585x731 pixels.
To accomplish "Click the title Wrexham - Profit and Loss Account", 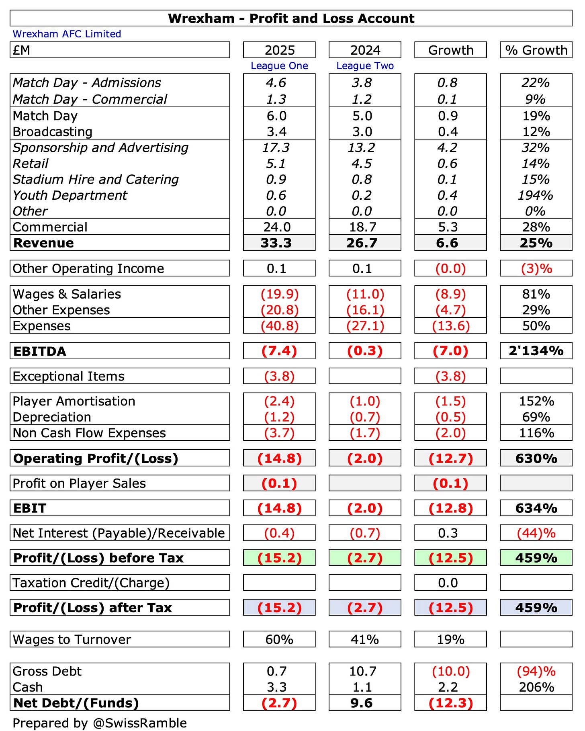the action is click(x=291, y=18).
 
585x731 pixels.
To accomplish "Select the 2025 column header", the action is click(x=279, y=50).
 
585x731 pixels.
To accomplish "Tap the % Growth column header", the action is click(x=536, y=50).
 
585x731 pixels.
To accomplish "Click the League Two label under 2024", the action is click(x=365, y=66).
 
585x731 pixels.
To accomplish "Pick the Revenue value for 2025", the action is click(x=276, y=243).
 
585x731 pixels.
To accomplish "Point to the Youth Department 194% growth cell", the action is click(x=535, y=195).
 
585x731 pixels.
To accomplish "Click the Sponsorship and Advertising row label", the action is click(x=100, y=148).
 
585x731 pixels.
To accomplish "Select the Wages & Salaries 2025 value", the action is click(x=279, y=294).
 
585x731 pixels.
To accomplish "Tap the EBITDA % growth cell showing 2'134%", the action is click(x=536, y=351).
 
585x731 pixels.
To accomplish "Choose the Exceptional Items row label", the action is click(x=69, y=376).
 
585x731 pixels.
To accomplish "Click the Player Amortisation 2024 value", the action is click(x=365, y=401).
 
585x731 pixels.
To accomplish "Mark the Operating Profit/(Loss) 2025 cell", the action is click(x=279, y=459).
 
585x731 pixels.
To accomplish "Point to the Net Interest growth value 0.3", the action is click(x=448, y=533).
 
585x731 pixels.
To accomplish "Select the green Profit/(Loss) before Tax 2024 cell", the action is click(x=365, y=558).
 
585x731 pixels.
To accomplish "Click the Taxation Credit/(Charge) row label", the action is click(x=91, y=583).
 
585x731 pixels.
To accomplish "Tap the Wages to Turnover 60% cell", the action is click(x=279, y=639).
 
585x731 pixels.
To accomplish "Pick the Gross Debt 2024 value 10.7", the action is click(x=362, y=671).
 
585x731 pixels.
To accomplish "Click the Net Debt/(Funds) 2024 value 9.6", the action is click(x=362, y=703).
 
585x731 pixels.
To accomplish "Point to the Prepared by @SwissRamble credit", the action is click(x=100, y=723).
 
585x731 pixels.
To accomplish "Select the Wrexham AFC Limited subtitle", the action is click(x=67, y=34).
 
